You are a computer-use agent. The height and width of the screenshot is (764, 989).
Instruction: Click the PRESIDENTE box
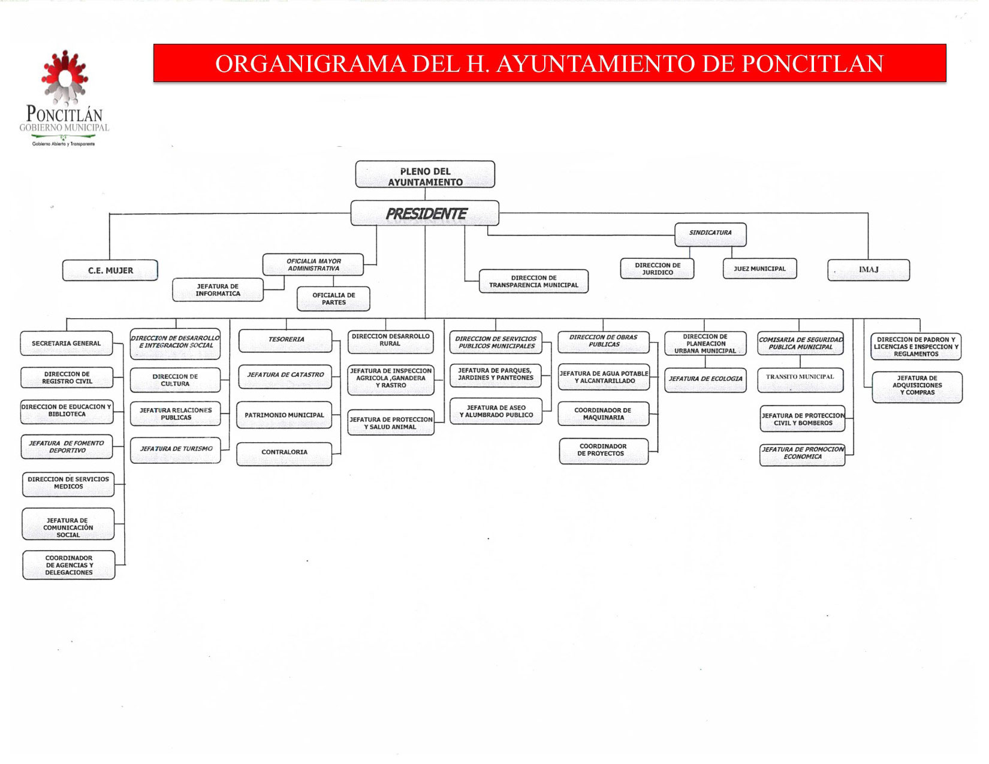pos(424,213)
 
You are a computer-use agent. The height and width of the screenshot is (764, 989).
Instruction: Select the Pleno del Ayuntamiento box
pos(425,174)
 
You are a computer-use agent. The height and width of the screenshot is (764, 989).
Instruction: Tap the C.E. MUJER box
pos(110,270)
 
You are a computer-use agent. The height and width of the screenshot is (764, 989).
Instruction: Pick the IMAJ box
pos(869,270)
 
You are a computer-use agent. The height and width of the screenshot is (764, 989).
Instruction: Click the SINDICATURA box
pos(710,235)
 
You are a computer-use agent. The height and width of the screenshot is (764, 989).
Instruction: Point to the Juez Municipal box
pos(759,268)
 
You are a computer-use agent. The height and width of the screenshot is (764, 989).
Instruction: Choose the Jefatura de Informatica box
pos(218,290)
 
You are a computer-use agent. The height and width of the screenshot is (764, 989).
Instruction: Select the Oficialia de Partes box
pos(334,298)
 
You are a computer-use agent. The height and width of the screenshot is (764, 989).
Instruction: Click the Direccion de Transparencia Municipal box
pos(533,281)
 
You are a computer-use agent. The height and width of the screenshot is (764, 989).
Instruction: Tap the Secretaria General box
pos(67,343)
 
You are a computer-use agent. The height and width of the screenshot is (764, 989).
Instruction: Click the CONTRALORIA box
pos(284,454)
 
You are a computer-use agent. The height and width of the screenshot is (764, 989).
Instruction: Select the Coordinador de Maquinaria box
pos(604,413)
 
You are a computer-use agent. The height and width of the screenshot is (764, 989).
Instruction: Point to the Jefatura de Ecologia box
pos(705,380)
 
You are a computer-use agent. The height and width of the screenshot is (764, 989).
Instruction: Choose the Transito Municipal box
pos(800,380)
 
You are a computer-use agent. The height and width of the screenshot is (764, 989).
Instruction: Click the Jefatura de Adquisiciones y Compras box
pos(917,387)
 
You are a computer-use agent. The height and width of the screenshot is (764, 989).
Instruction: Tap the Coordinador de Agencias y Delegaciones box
pos(69,564)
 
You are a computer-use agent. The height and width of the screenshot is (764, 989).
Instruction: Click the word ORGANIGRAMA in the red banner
pos(310,64)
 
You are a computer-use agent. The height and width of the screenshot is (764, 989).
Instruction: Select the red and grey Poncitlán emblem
pos(65,77)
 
